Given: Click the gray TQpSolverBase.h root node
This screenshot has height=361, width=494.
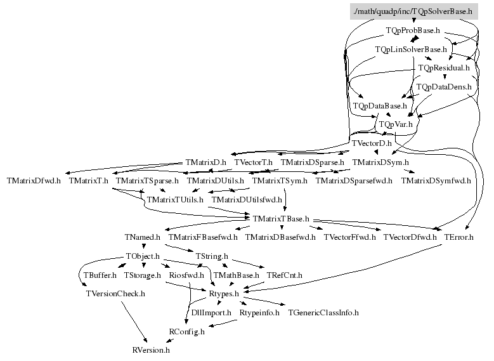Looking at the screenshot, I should click(x=412, y=11).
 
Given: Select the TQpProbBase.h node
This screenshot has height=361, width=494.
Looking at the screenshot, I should click(x=413, y=30).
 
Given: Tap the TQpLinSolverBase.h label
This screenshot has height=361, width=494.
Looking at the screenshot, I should click(x=411, y=49).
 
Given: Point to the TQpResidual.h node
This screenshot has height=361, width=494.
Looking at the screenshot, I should click(x=444, y=67).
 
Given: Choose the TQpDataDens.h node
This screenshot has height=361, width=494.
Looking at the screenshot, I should click(x=443, y=86).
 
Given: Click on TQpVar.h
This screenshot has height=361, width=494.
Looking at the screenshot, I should click(x=395, y=124).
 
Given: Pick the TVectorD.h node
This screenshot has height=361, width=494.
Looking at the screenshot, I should click(x=372, y=143).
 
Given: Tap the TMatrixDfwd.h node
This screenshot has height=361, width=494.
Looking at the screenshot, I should click(x=34, y=181).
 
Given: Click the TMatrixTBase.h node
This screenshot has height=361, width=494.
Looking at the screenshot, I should click(x=280, y=219).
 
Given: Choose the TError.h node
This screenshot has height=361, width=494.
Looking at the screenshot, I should click(x=459, y=237).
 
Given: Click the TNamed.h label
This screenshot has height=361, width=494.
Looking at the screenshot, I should click(x=143, y=237).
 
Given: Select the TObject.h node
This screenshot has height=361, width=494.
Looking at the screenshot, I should click(x=143, y=257).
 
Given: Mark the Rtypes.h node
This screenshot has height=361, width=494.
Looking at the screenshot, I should click(x=224, y=294).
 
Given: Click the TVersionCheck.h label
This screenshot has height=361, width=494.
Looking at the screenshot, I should click(x=116, y=294).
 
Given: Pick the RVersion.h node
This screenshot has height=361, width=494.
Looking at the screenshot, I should click(x=151, y=350).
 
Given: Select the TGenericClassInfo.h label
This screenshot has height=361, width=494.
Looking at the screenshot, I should click(x=323, y=313).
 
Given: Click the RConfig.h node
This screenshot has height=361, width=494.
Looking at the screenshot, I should click(x=187, y=331).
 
